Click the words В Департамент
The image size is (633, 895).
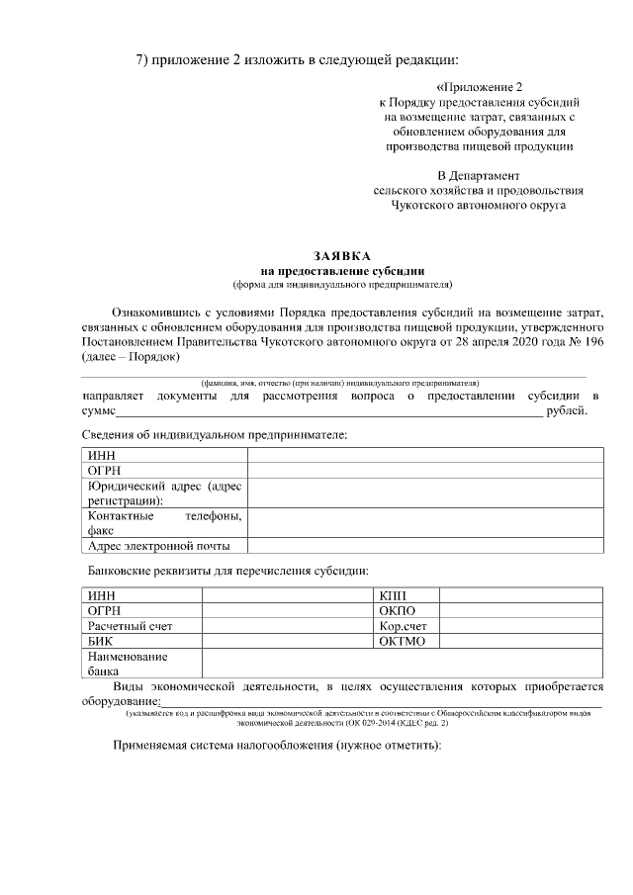pyautogui.click(x=479, y=176)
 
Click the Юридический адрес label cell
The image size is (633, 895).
pyautogui.click(x=163, y=493)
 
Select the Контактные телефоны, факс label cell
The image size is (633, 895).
pyautogui.click(x=163, y=523)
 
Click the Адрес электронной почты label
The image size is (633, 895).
pyautogui.click(x=158, y=546)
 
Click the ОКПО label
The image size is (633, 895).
pyautogui.click(x=398, y=611)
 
